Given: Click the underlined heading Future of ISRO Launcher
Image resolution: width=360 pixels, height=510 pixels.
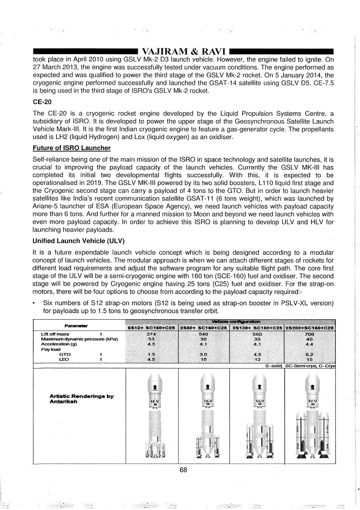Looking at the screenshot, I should [71, 148].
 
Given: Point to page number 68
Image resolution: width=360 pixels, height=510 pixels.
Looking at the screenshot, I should [183, 469].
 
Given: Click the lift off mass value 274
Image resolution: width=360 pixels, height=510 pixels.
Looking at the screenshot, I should [152, 334].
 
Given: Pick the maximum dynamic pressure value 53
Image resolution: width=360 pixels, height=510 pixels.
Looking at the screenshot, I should [152, 339].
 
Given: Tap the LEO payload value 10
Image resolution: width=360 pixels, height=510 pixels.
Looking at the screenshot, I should [204, 359].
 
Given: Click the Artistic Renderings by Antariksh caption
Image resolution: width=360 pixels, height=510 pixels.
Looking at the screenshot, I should [81, 399].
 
